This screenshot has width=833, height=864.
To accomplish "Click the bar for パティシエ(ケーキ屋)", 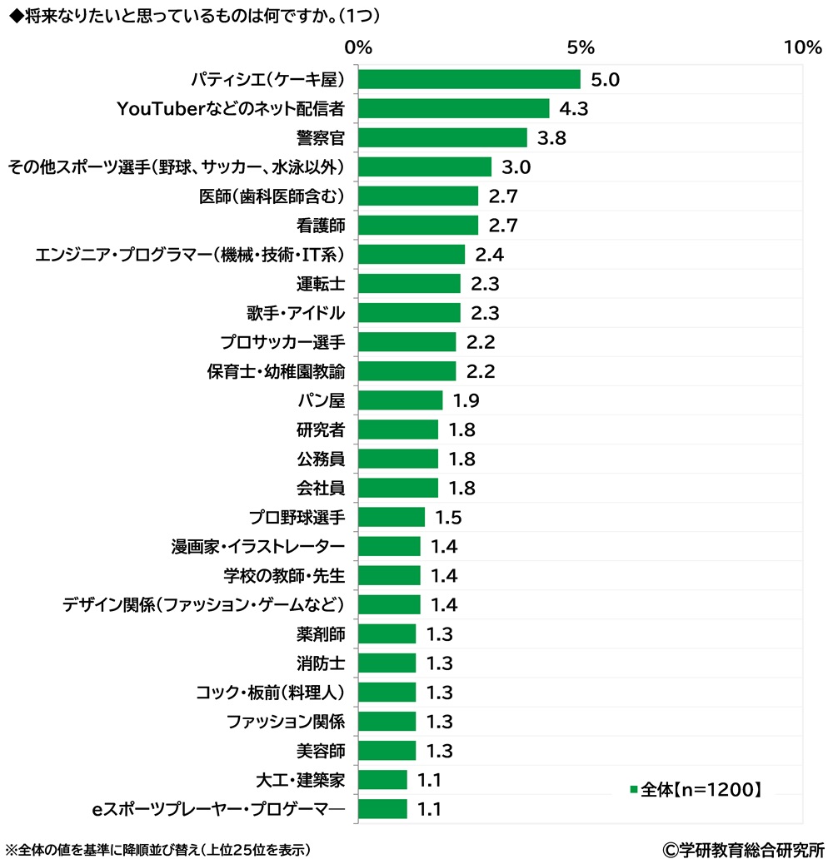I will click(x=469, y=79).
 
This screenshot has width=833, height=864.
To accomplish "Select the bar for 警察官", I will click(x=442, y=137).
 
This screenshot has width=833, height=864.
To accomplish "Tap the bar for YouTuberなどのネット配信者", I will click(x=453, y=108).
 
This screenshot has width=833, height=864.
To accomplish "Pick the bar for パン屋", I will click(x=400, y=400).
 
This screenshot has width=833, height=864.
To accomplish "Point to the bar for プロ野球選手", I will click(x=392, y=517).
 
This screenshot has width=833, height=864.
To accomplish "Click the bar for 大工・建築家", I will click(x=382, y=780).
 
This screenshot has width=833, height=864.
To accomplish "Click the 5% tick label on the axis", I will click(x=581, y=47).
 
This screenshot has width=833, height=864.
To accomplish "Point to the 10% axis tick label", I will click(x=803, y=47).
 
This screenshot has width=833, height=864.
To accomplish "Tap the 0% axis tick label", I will click(x=358, y=47).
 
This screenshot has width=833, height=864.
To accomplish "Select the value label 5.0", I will click(x=605, y=80).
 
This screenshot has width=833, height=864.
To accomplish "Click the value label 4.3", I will click(x=574, y=109).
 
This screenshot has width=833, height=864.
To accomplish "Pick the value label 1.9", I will click(x=466, y=401).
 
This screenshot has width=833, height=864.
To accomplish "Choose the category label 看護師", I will click(x=321, y=226).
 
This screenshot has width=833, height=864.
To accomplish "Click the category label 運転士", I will click(x=321, y=284).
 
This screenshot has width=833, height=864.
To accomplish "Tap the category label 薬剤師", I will click(x=321, y=634).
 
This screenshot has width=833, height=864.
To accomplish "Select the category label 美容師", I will click(x=321, y=751).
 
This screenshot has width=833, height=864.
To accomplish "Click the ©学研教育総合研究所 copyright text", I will click(x=743, y=850).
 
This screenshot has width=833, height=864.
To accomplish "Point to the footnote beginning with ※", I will click(x=158, y=850).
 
